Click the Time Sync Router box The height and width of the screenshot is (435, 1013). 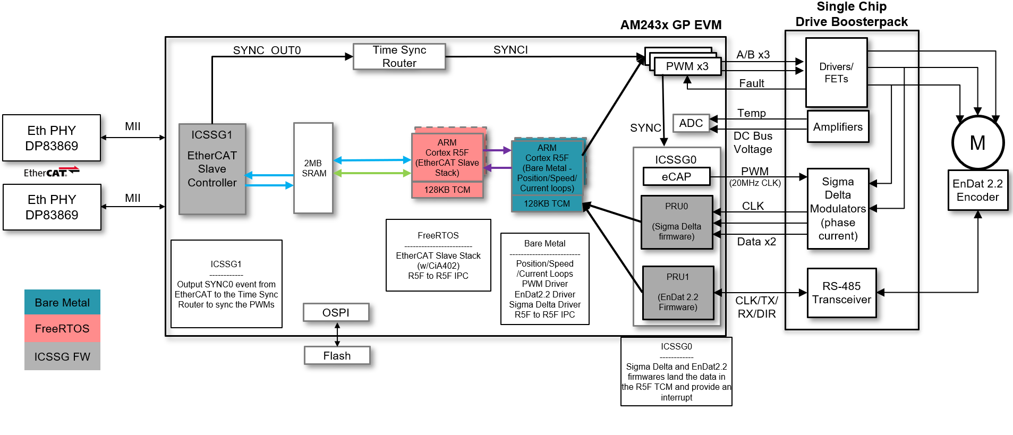(399, 56)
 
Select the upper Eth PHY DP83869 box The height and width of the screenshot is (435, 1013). (52, 138)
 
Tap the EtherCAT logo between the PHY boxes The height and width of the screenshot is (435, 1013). (51, 172)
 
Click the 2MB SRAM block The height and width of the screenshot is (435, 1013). (313, 168)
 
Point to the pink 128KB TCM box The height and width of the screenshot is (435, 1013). (447, 190)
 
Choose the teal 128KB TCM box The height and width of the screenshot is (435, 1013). (547, 203)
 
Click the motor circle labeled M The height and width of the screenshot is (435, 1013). (977, 143)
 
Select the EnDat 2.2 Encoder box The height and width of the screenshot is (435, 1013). (977, 191)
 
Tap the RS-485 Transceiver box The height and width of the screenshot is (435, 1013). (841, 293)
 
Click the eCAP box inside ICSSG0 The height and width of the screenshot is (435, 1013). (676, 176)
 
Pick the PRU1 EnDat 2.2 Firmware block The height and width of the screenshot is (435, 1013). (678, 293)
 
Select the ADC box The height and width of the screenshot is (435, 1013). (691, 123)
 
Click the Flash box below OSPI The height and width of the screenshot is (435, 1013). (337, 355)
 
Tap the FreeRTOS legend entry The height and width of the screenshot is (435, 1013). (62, 329)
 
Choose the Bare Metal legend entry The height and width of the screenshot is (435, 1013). (62, 303)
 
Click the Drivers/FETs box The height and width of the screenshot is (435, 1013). (836, 73)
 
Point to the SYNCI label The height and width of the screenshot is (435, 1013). (510, 50)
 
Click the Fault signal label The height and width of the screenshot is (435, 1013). (751, 83)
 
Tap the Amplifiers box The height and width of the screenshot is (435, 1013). (838, 127)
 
